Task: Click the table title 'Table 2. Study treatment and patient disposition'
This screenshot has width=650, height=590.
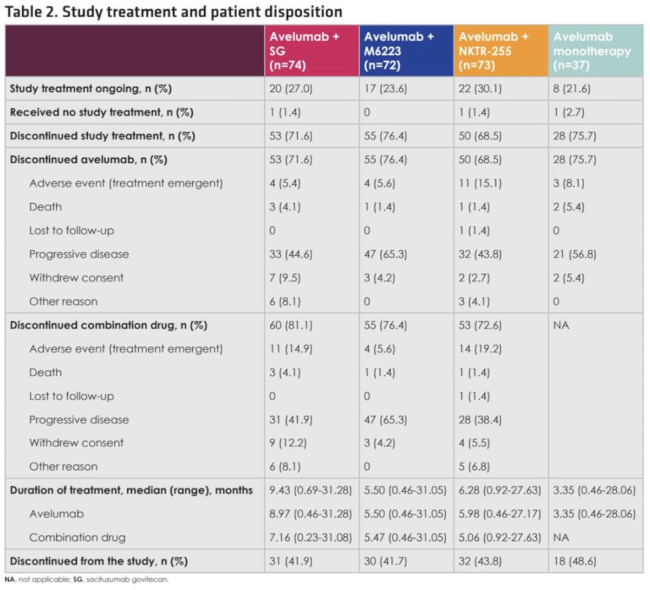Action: click(174, 12)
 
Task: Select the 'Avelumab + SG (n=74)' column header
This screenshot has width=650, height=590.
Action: click(304, 51)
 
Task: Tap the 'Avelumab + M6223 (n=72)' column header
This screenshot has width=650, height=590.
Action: click(399, 51)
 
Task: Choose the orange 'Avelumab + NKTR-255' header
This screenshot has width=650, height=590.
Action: click(493, 51)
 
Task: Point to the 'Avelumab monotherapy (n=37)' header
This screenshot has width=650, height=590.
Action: click(592, 51)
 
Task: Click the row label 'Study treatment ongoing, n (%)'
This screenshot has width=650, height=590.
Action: click(90, 88)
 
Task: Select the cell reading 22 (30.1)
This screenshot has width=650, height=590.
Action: click(480, 88)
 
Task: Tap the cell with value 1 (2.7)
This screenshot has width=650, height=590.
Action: click(569, 112)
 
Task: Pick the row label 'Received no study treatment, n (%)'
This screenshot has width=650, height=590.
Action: click(101, 112)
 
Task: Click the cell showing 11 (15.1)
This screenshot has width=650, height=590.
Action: click(480, 183)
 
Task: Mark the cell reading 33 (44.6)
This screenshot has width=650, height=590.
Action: click(291, 254)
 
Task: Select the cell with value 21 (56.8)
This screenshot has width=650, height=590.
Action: click(575, 254)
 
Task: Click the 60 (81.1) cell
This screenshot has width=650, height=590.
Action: click(291, 325)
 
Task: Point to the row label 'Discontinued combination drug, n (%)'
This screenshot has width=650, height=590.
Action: click(108, 325)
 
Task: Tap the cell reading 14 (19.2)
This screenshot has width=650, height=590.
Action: click(480, 349)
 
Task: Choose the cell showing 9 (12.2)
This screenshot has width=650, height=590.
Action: click(288, 443)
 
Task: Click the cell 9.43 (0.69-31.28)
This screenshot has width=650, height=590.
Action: click(310, 490)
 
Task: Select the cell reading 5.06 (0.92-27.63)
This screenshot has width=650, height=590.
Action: click(499, 537)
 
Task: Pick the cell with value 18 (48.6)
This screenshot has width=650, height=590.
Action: click(575, 561)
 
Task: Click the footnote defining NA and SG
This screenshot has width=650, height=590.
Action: click(87, 580)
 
